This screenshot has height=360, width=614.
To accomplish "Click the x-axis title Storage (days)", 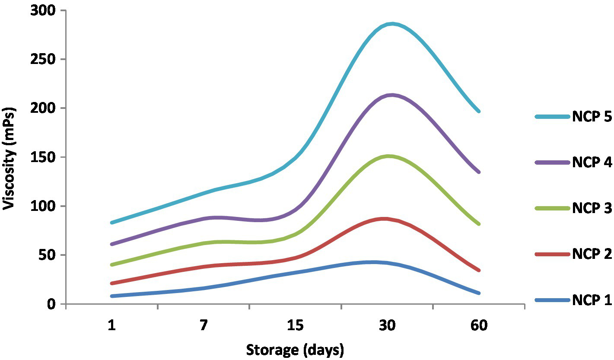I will click(295, 349).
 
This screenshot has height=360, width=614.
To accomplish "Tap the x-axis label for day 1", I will click(112, 325).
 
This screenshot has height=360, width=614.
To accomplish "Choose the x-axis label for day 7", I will click(204, 325).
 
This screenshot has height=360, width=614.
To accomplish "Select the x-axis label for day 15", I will click(295, 325).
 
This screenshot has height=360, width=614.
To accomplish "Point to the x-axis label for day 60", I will click(479, 325).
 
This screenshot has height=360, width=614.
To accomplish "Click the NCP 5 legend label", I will click(592, 117).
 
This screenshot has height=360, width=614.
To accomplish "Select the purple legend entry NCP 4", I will click(592, 162).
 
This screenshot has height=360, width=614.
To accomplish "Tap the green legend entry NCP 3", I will click(592, 208).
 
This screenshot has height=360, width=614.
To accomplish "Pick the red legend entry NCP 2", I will click(592, 254).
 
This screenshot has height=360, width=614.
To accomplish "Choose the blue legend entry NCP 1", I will click(592, 300).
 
